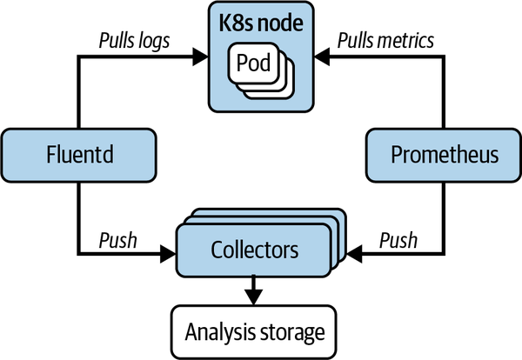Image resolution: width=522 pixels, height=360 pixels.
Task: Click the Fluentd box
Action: click(x=79, y=155)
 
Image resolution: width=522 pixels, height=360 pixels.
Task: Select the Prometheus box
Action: click(x=443, y=155)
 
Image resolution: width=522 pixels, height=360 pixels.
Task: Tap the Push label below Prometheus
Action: click(x=399, y=239)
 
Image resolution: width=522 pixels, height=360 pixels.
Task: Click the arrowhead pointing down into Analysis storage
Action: click(x=254, y=298)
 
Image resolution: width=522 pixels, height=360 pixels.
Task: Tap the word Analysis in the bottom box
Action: click(x=220, y=330)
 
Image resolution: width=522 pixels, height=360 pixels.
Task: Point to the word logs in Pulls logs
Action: click(x=153, y=40)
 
